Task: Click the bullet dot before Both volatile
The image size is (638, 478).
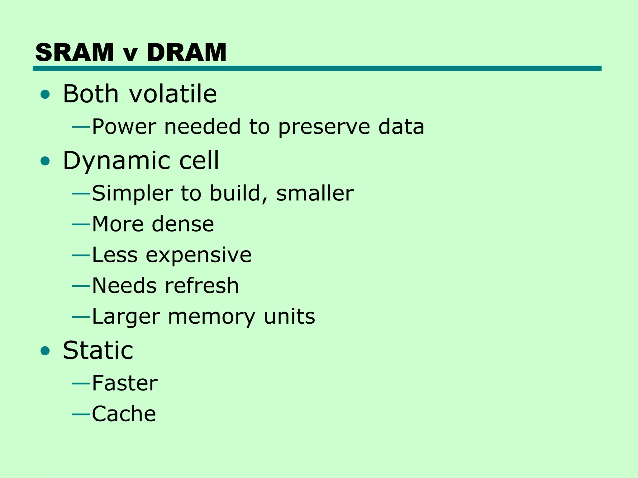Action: pos(45,94)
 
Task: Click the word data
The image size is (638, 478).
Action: pos(401,127)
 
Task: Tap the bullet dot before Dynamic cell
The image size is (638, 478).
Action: pos(45,161)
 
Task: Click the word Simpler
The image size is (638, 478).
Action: pos(132,194)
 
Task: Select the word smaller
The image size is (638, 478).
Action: pos(315,193)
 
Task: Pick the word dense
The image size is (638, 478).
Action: pos(183,224)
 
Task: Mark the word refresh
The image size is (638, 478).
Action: pos(202,285)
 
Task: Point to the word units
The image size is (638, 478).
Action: pos(289,316)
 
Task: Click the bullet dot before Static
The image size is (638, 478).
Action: pos(45,351)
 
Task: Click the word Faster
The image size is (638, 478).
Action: pos(125,383)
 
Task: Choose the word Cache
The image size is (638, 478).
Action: pos(124,414)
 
